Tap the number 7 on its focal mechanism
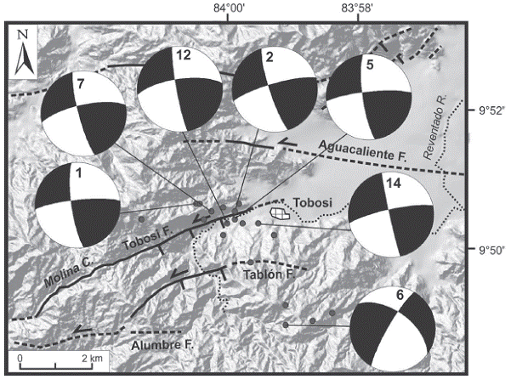(81, 84)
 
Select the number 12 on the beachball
(184, 55)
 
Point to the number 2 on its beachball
(270, 57)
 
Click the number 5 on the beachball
(370, 65)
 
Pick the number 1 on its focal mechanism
(78, 173)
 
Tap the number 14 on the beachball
(394, 184)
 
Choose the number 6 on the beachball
(400, 295)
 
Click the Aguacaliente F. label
(363, 150)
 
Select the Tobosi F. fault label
(147, 239)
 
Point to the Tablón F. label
(270, 274)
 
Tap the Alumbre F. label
(162, 345)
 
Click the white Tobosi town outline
(280, 213)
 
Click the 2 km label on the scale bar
(93, 359)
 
